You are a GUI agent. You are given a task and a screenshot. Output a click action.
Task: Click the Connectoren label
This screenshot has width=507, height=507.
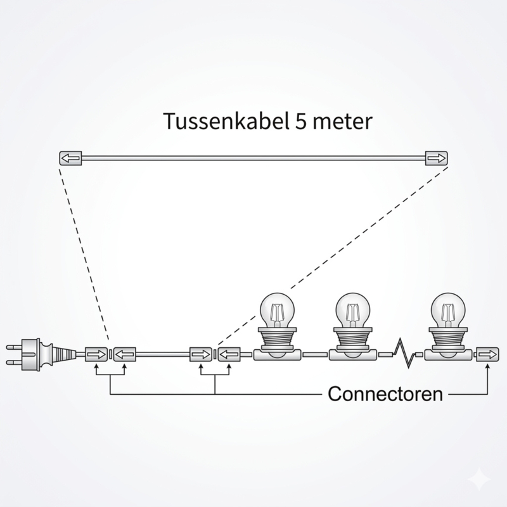pos(385,394)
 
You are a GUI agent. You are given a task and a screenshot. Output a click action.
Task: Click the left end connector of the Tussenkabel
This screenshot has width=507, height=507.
pos(70,158)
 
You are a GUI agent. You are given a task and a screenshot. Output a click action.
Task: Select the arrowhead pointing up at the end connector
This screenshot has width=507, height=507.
pos(487,368)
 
